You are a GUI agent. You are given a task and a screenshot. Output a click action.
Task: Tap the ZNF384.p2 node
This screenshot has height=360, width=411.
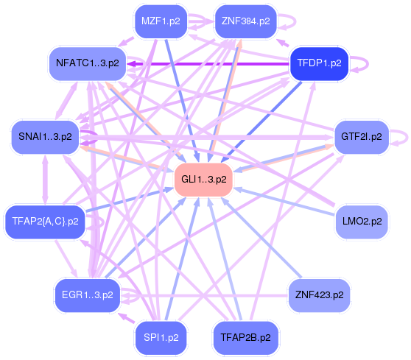[245, 21]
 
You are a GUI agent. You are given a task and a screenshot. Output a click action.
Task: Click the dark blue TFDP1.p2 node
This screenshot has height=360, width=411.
[319, 63]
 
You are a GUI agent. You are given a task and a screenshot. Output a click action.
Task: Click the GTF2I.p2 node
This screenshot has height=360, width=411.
[362, 136]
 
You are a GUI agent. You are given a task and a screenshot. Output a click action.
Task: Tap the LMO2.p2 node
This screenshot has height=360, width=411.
[362, 220]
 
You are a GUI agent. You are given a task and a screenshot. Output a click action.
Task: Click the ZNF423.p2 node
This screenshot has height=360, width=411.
[319, 294]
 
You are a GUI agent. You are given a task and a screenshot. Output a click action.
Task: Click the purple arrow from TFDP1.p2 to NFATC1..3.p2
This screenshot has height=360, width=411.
[206, 64]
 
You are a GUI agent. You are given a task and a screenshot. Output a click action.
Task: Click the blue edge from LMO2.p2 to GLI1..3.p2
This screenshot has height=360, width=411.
[287, 201]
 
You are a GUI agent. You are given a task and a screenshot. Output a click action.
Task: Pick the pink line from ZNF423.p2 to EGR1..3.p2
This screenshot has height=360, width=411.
[206, 296]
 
